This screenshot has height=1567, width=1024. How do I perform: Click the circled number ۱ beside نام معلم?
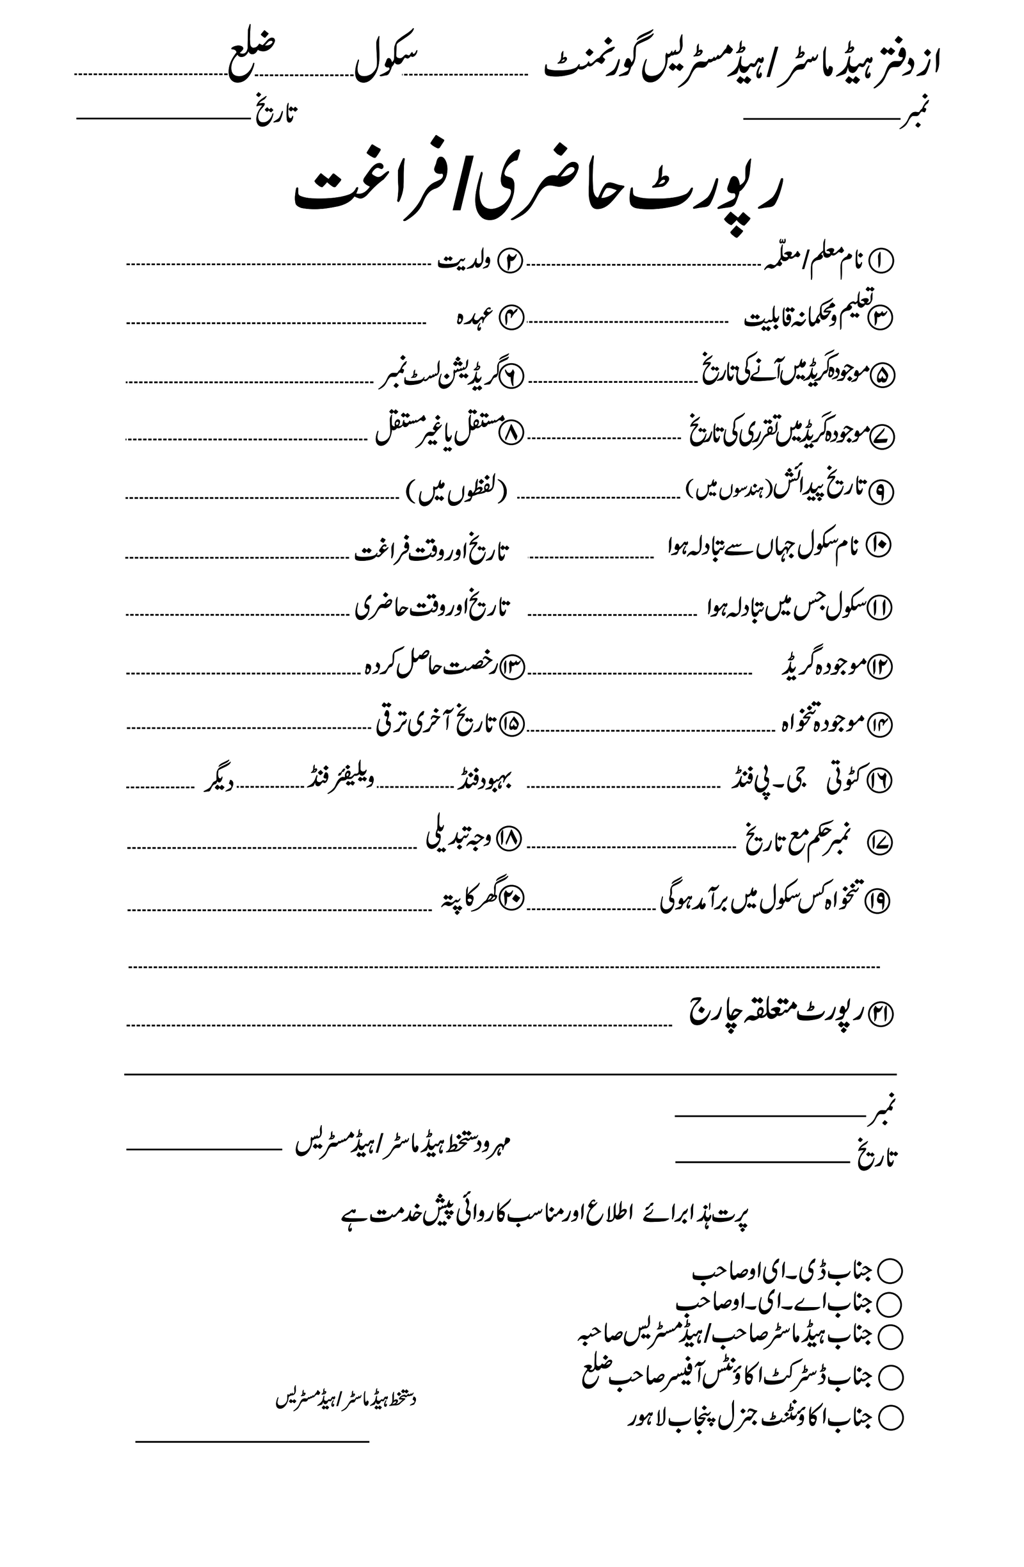(x=881, y=261)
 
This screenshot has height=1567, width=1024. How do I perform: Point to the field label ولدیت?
(x=464, y=262)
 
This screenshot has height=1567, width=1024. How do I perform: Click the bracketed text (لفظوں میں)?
(x=456, y=493)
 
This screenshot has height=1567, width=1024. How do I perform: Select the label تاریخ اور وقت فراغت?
(x=432, y=552)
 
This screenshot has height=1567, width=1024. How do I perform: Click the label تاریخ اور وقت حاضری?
(x=432, y=607)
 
